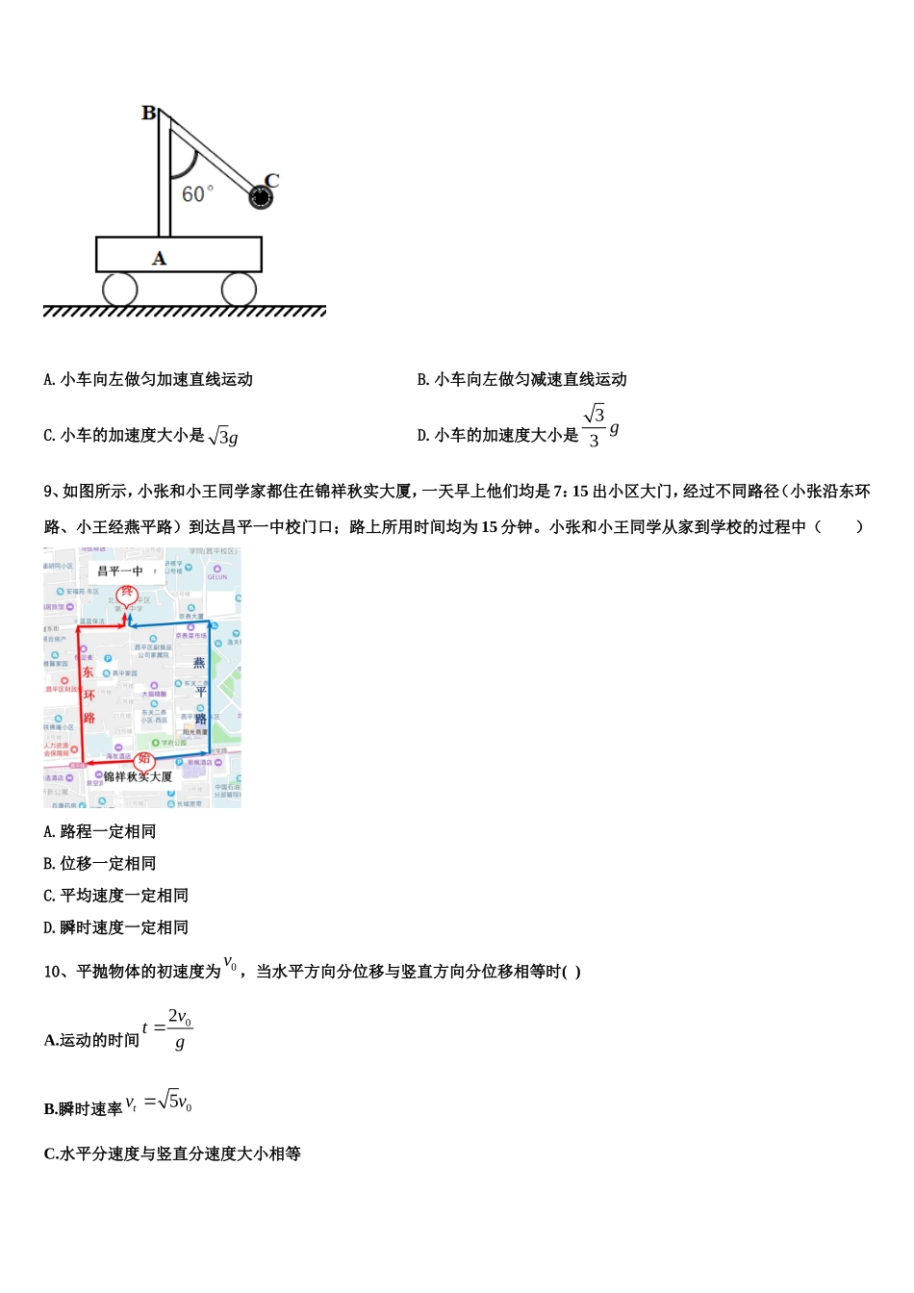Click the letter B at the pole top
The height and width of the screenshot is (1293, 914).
coord(149,114)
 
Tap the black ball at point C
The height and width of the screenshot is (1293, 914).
coord(261,197)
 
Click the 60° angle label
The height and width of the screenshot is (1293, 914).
coord(197,194)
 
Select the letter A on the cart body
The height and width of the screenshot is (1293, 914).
coord(160,258)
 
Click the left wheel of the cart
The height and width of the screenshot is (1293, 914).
coord(119,289)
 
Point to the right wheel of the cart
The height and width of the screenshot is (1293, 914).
coord(239,289)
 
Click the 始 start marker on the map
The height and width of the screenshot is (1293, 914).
coord(144,759)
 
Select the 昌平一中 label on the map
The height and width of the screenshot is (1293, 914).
coord(120,570)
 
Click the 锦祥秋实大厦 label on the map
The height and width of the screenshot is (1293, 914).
coord(138,776)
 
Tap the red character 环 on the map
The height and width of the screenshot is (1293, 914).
coord(89,695)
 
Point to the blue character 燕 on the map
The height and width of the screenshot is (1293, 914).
coord(199,662)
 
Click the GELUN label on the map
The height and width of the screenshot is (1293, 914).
coord(217,576)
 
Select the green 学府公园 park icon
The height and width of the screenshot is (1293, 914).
coord(156,743)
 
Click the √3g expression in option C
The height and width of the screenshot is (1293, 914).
coord(223,436)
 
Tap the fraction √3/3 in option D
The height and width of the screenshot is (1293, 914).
coord(595,426)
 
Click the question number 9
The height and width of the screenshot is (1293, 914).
coord(48,492)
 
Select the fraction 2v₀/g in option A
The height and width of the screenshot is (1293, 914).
coord(180,1028)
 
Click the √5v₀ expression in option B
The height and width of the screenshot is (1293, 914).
coord(175,1102)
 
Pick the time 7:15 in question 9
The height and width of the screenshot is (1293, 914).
coord(571,492)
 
